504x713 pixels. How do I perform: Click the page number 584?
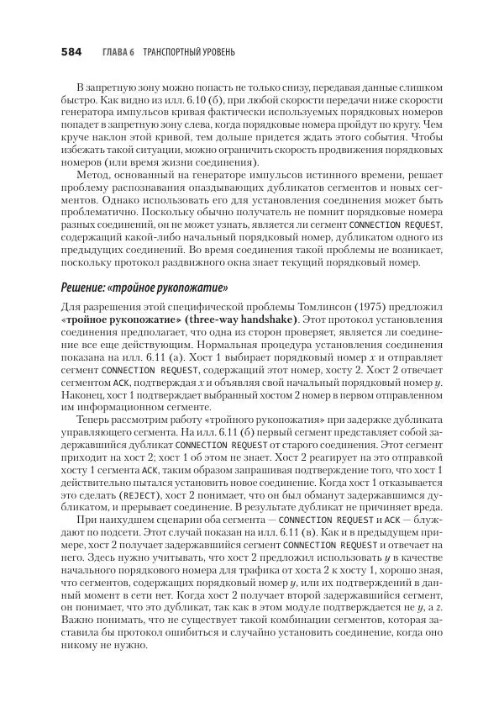70,52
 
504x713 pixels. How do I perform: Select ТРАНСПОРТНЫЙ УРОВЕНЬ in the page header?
189,52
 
